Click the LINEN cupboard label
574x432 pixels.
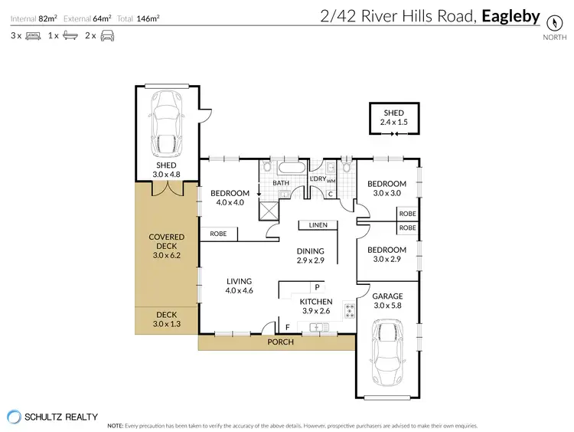coord(318,225)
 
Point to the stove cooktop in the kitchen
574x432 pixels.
coord(350,311)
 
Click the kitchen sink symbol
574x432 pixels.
coord(319,328)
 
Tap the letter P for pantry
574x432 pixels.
coord(316,287)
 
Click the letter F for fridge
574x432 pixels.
coord(287,329)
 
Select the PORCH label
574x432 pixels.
coord(281,342)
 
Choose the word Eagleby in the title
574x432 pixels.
coord(510,16)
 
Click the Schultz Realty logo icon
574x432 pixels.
coord(15,417)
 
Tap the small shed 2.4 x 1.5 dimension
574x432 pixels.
coord(395,122)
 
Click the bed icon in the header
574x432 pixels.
coord(34,35)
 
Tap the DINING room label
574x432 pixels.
coord(311,250)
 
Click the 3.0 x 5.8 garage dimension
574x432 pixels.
coord(386,306)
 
